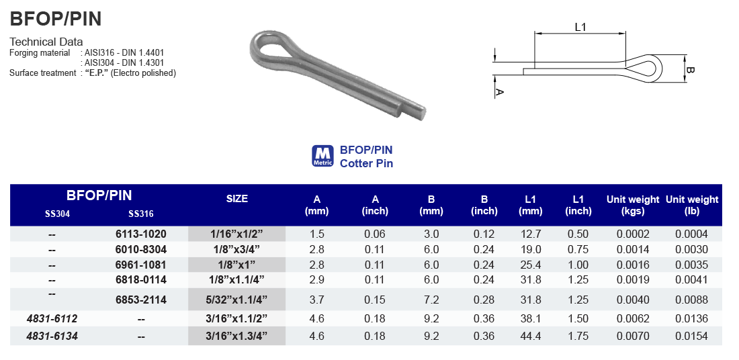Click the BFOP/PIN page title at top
coord(56,19)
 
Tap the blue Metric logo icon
coord(322,156)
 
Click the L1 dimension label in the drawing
coord(580,27)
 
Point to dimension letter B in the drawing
coord(690,70)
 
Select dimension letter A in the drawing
coord(498,92)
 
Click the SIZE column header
coord(236,199)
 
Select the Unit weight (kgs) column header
coord(633,205)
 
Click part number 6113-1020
coord(140,234)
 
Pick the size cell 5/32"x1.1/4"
coord(236,300)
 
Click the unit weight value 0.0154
coord(691,336)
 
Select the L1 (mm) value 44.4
coord(530,336)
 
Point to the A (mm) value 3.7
coord(316,300)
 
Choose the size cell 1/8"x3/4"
coord(236,249)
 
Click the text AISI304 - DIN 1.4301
coord(124,62)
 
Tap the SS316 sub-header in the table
coord(140,215)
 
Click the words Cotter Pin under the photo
coord(366,163)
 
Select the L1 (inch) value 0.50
coord(578,234)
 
